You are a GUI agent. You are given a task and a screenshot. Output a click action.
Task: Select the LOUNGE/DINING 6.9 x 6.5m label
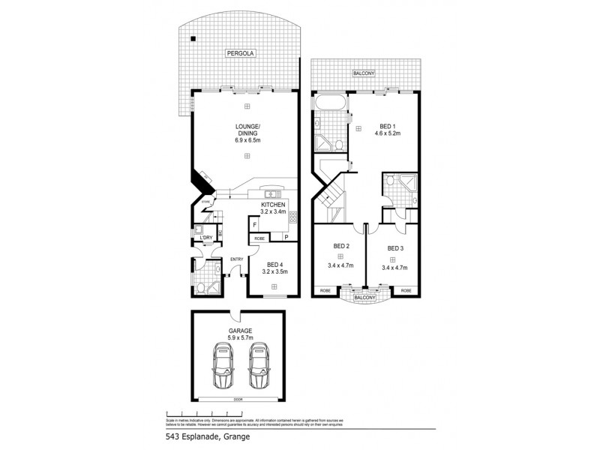click(x=247, y=133)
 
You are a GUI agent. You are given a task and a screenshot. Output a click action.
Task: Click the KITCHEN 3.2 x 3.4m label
click(x=274, y=208)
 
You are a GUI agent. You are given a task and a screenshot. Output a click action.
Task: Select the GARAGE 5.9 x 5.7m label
click(x=240, y=334)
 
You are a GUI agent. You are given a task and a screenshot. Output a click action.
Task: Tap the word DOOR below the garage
click(x=238, y=400)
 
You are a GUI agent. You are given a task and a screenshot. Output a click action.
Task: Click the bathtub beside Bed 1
click(x=329, y=103)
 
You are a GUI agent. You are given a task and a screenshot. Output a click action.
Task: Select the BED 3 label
click(x=395, y=247)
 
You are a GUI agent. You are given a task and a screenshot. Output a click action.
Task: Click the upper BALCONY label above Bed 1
click(x=364, y=73)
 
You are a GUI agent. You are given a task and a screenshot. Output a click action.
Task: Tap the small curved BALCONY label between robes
click(x=364, y=297)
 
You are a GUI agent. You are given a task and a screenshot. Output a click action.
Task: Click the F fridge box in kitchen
click(x=255, y=224)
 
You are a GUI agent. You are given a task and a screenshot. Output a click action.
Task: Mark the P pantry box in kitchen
click(x=286, y=236)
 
